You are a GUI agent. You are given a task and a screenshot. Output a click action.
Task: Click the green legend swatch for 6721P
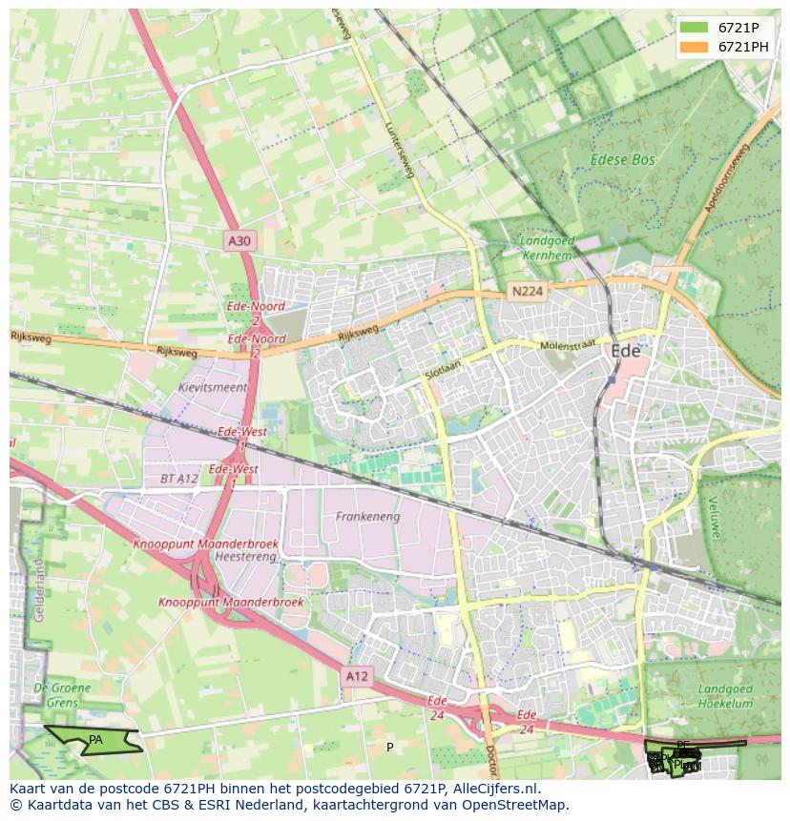pos(695,28)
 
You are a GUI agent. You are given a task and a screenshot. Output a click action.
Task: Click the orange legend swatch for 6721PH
pos(695,47)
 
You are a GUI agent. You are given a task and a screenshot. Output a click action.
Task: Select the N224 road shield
pos(528,292)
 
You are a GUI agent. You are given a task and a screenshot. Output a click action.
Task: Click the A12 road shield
pos(357,676)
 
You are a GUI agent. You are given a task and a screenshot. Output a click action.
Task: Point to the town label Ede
pos(626,351)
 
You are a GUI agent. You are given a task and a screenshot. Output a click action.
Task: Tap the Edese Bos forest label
pos(622,160)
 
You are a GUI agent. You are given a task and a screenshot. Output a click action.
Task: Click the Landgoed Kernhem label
pos(547,249)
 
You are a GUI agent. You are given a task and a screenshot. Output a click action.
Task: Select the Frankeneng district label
pos(367,517)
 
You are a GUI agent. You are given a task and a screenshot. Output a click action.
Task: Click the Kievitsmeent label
pos(213,388)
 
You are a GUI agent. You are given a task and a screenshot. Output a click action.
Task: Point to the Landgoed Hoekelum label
pos(725,696)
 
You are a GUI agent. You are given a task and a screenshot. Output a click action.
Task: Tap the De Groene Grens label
pos(63,694)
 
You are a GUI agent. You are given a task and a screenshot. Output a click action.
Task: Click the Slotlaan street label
pos(443,372)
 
